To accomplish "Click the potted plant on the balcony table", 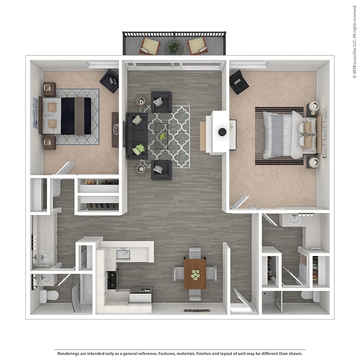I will (x=174, y=46).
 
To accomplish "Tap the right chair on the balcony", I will (x=198, y=45).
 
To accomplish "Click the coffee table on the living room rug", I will (x=162, y=135).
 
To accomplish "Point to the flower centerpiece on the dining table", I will (x=195, y=274).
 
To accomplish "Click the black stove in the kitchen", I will (x=112, y=279).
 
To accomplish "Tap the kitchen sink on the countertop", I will (x=123, y=255).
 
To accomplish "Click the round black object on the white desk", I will (x=222, y=132).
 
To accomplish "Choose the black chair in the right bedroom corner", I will (x=238, y=82).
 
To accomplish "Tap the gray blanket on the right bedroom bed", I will (x=278, y=135).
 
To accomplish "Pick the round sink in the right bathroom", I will (x=294, y=219).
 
